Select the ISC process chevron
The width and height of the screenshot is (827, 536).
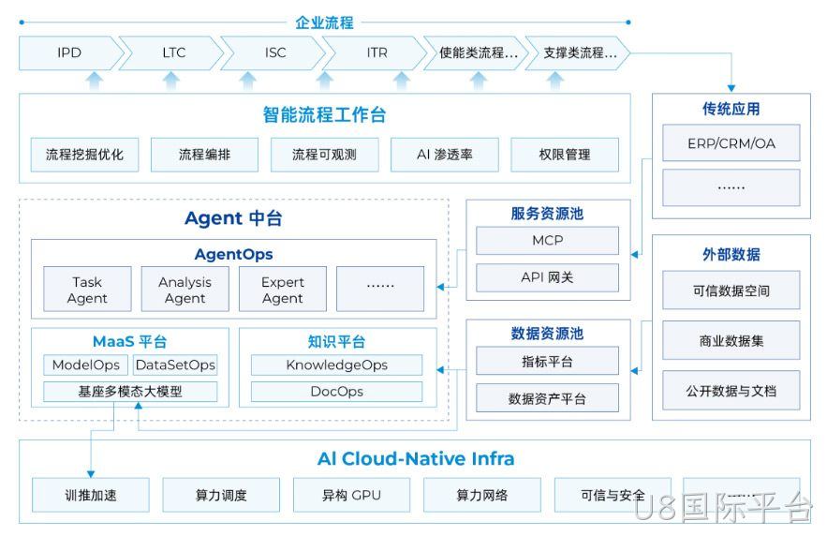coord(273,52)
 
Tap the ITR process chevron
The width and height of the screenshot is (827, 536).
coord(376,52)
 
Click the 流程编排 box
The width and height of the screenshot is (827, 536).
coord(204,155)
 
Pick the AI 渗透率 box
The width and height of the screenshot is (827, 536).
coord(445,155)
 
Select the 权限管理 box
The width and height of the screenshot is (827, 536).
coord(565,155)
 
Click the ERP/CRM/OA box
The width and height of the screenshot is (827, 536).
coord(731,143)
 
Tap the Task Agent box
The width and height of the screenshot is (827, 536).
coord(87,290)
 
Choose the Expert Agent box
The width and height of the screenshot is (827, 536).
coord(283,290)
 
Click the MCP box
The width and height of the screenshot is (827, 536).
coord(548,241)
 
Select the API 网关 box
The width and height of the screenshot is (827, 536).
coord(548,277)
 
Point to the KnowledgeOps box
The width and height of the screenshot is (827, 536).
coord(336,365)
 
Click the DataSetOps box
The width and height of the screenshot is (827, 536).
coord(175,365)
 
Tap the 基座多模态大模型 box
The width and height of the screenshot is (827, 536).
coord(130,392)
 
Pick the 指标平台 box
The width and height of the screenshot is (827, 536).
coord(548,361)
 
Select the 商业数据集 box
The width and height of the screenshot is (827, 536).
coord(731,341)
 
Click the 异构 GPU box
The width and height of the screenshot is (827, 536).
coord(351,495)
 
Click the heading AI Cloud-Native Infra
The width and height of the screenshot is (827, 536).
coord(416,458)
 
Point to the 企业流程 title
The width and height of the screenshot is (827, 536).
coord(324,22)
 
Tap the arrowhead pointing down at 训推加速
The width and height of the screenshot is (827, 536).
coord(91,474)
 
